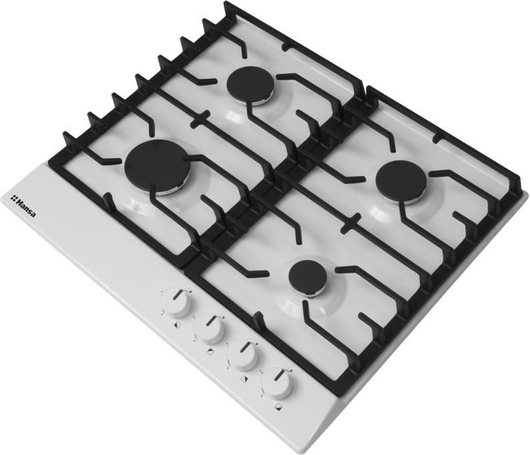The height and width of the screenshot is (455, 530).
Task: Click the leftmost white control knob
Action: pos(175,304)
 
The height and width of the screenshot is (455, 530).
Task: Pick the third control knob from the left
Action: pos(242,356)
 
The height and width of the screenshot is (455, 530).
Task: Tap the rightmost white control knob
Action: pos(277,384)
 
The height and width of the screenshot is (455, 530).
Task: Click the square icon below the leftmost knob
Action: pos(177,324)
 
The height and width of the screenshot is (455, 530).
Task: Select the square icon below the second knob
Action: pos(211,352)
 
